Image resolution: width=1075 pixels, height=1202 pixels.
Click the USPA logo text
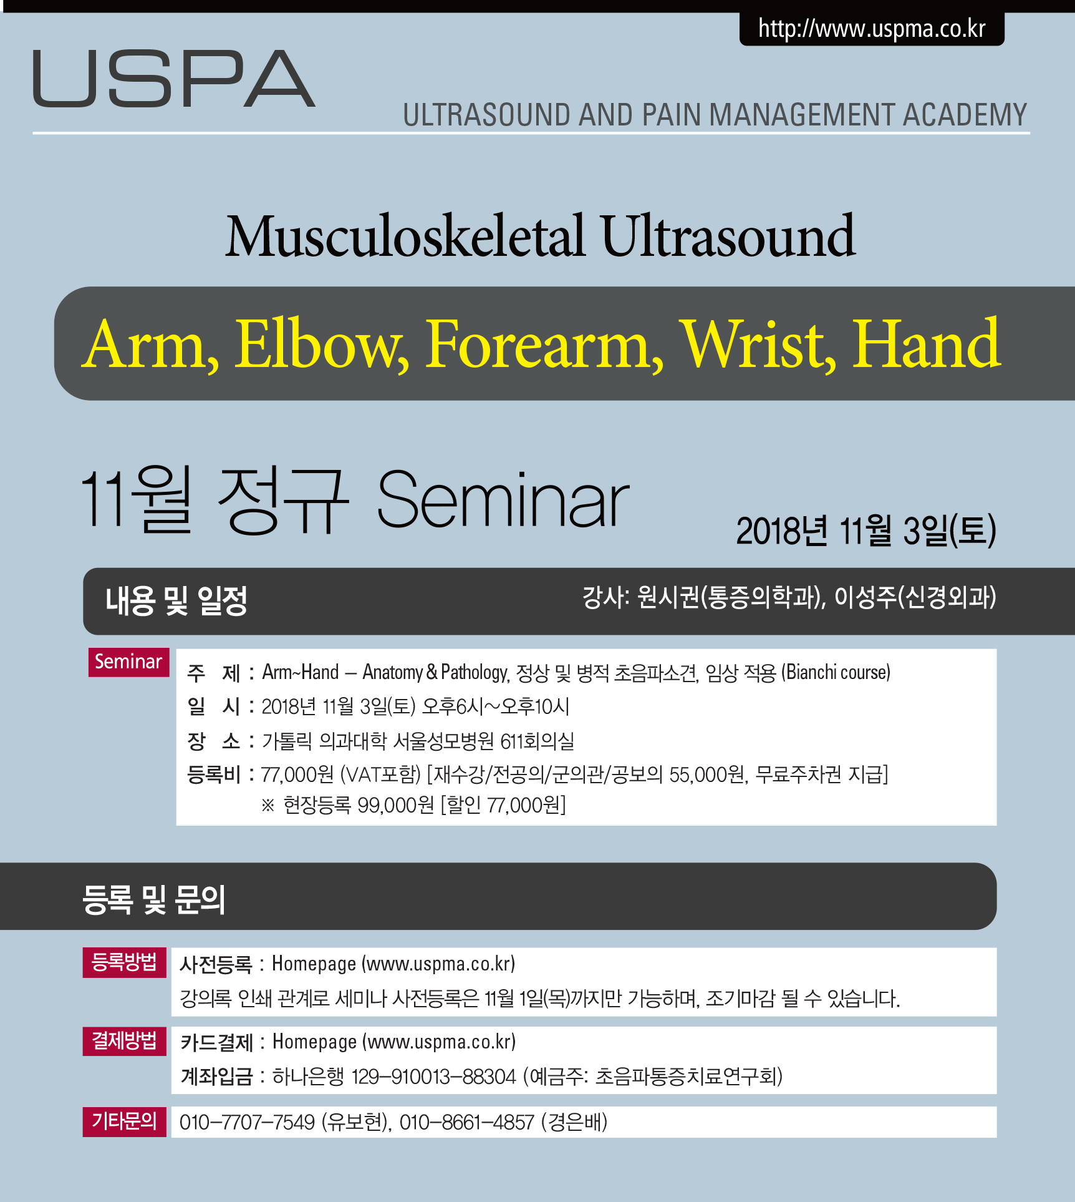click(x=174, y=79)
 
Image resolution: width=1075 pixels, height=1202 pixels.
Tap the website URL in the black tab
click(x=872, y=29)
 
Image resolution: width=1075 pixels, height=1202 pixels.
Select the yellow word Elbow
click(x=322, y=344)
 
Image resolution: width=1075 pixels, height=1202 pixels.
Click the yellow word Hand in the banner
click(x=927, y=343)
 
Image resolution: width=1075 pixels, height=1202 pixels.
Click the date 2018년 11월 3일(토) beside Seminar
click(x=866, y=531)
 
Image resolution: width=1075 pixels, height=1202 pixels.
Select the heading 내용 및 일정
click(x=176, y=601)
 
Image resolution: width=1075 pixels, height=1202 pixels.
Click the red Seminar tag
click(x=128, y=662)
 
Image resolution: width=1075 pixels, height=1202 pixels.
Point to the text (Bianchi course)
click(x=836, y=672)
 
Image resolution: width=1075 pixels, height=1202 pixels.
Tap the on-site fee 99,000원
click(x=395, y=805)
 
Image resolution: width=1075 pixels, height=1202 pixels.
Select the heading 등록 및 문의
click(x=154, y=899)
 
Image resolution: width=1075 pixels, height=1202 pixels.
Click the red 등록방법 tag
click(x=124, y=962)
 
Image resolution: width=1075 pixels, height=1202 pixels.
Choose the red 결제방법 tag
click(x=124, y=1041)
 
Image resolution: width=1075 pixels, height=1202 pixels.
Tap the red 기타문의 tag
click(x=124, y=1121)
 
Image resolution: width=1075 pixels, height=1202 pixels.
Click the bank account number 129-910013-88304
click(x=433, y=1077)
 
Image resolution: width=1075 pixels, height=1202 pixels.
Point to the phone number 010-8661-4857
click(x=466, y=1122)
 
